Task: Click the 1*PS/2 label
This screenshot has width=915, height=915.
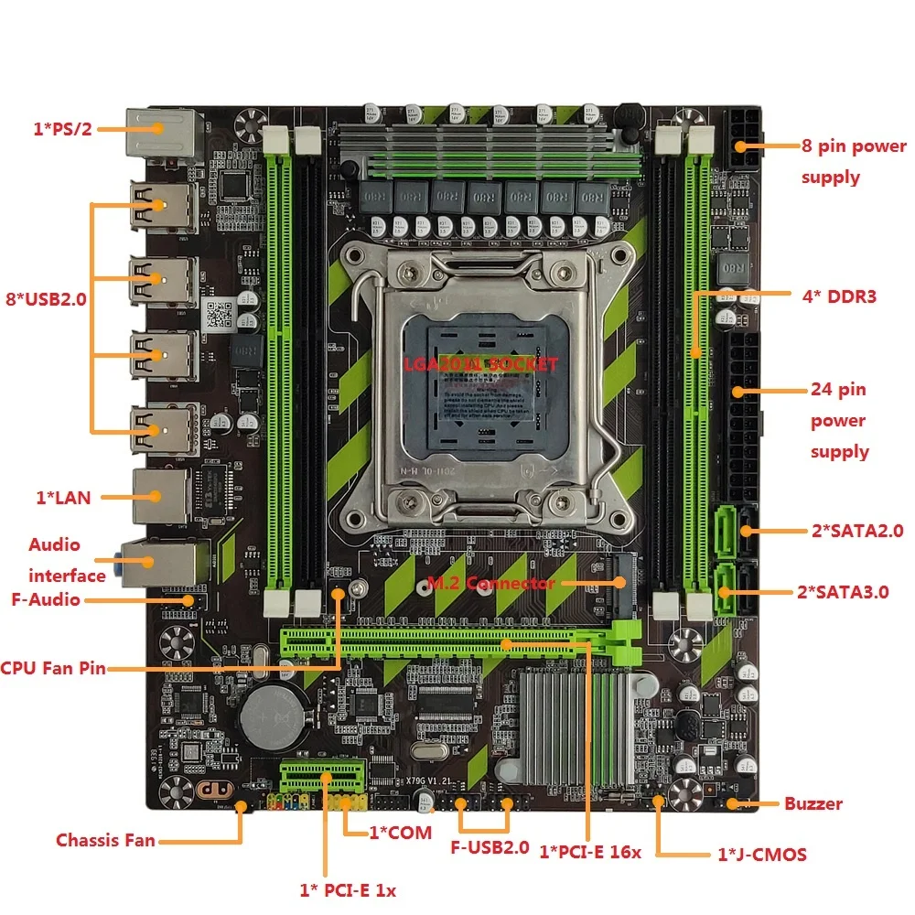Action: [x=62, y=129]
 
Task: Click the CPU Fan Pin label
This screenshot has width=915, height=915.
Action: [x=54, y=668]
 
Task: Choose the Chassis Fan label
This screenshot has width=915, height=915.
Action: [x=105, y=840]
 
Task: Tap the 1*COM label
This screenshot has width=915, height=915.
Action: [x=400, y=833]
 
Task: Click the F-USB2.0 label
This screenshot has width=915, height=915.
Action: [x=490, y=847]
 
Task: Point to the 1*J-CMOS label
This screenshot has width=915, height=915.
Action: [x=761, y=855]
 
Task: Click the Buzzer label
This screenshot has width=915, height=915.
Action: [x=813, y=804]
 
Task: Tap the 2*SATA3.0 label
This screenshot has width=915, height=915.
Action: [x=842, y=591]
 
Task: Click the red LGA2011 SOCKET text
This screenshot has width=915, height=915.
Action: [x=480, y=363]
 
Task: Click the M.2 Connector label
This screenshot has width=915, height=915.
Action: [x=490, y=583]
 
